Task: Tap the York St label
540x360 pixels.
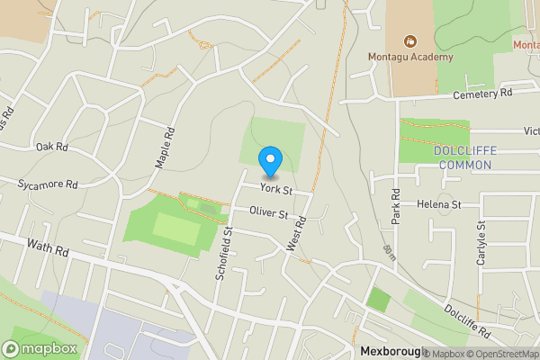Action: (276, 190)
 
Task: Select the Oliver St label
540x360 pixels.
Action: (270, 214)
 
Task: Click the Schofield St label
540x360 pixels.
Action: (224, 255)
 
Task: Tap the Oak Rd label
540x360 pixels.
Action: (52, 146)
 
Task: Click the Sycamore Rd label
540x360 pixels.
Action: (48, 184)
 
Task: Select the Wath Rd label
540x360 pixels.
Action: (48, 246)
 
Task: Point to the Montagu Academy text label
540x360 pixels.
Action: (410, 58)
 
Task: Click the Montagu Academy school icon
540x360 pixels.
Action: (410, 40)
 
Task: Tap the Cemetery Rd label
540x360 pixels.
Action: (482, 94)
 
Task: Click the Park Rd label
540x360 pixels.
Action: (395, 206)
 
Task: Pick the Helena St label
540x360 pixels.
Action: (439, 205)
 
